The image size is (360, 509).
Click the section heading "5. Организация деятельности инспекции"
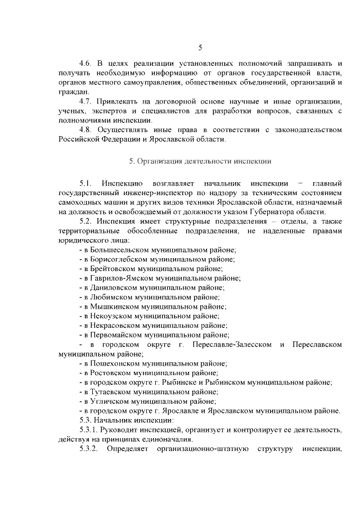coord(200,161)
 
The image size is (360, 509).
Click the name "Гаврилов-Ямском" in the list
coord(119,278)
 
